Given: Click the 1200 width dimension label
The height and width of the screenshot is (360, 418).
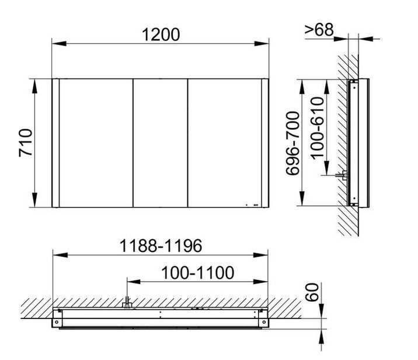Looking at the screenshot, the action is coord(161,34).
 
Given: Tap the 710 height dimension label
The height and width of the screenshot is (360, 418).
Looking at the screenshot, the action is coord(26,143).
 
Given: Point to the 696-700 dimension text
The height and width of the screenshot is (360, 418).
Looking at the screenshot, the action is coord(292,143).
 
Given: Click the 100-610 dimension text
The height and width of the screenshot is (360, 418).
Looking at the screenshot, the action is coord(318,128).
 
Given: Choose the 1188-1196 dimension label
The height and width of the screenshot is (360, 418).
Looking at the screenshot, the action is coord(161,246).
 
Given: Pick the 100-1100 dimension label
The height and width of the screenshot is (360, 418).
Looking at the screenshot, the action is coord(197,273).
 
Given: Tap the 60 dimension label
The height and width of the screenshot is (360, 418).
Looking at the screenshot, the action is coord(312,292).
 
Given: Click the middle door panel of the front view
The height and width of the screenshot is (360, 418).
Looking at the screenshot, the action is coord(160,143).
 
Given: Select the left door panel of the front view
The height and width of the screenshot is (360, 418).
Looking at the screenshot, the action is coord(96,143).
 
